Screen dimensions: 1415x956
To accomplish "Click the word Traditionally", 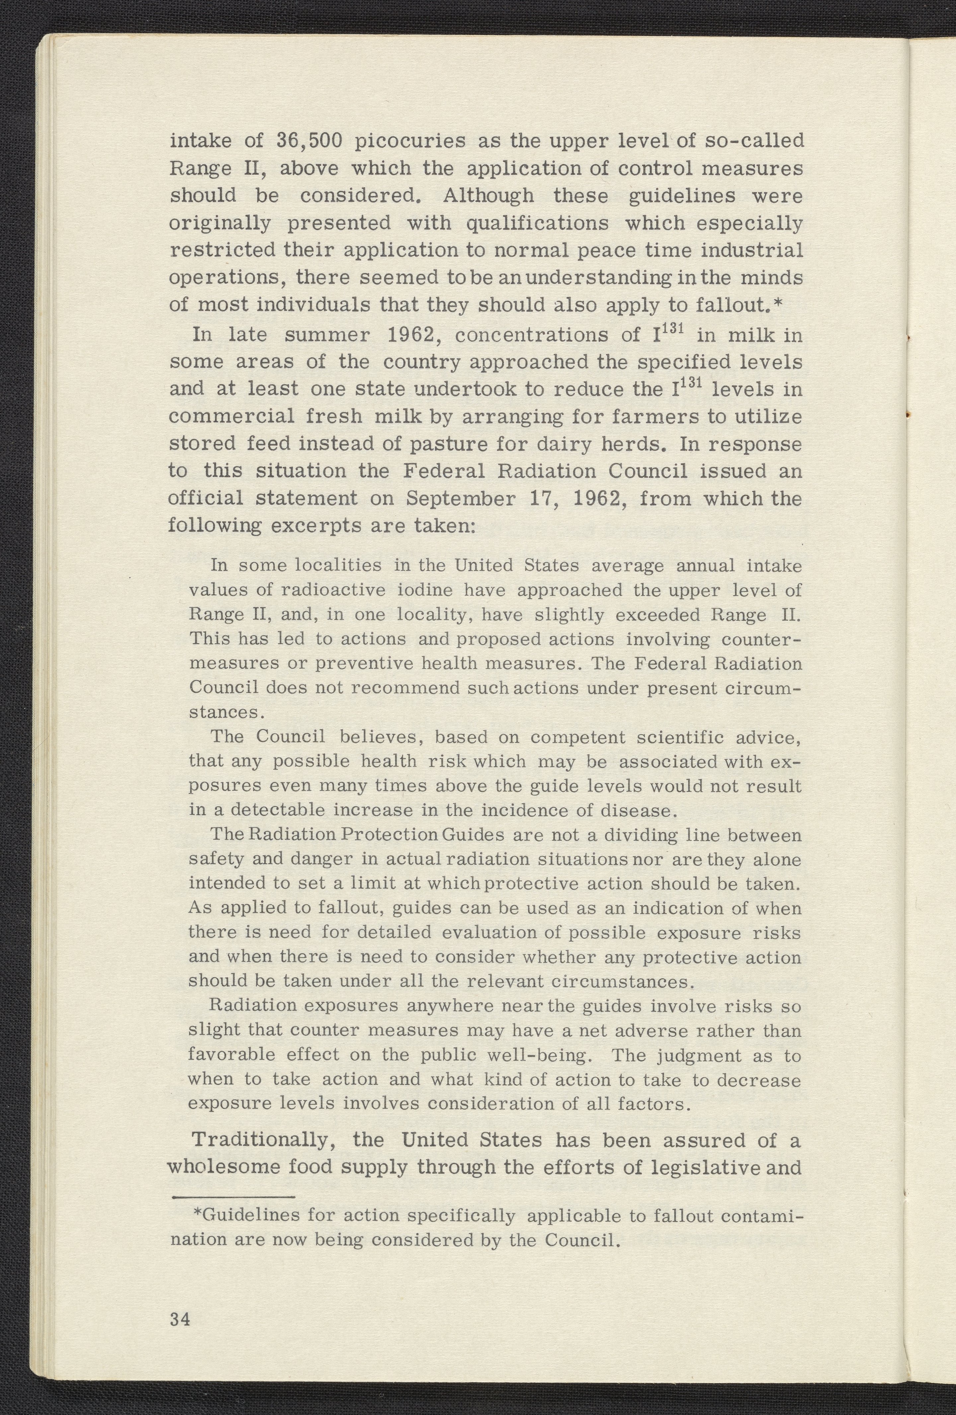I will click(264, 1140).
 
